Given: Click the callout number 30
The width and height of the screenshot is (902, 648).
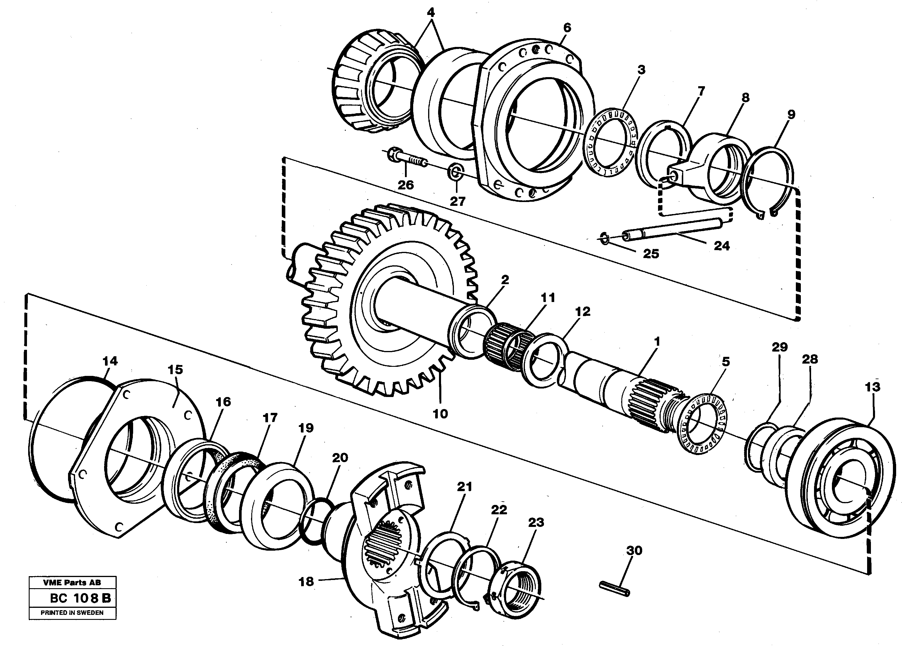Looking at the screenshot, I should [x=634, y=551].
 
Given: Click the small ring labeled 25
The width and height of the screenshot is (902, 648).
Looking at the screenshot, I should [x=604, y=239].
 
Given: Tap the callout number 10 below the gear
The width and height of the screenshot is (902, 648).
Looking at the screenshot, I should [x=440, y=414].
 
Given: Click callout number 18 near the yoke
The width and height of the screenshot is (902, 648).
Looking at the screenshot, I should [x=306, y=581].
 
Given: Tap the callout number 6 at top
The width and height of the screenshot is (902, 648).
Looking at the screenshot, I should [x=567, y=28].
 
